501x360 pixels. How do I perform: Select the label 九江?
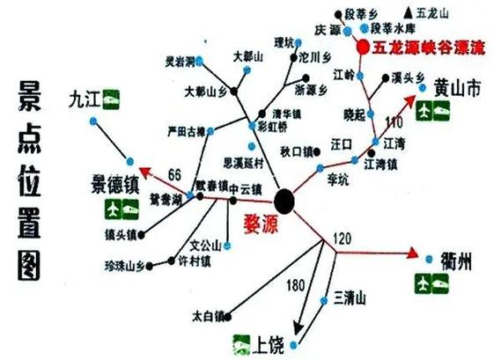point(85,100)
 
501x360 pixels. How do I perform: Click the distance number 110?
point(393,121)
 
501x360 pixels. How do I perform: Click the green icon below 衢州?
point(431,283)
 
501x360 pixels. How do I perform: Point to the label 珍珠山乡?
point(122,264)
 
